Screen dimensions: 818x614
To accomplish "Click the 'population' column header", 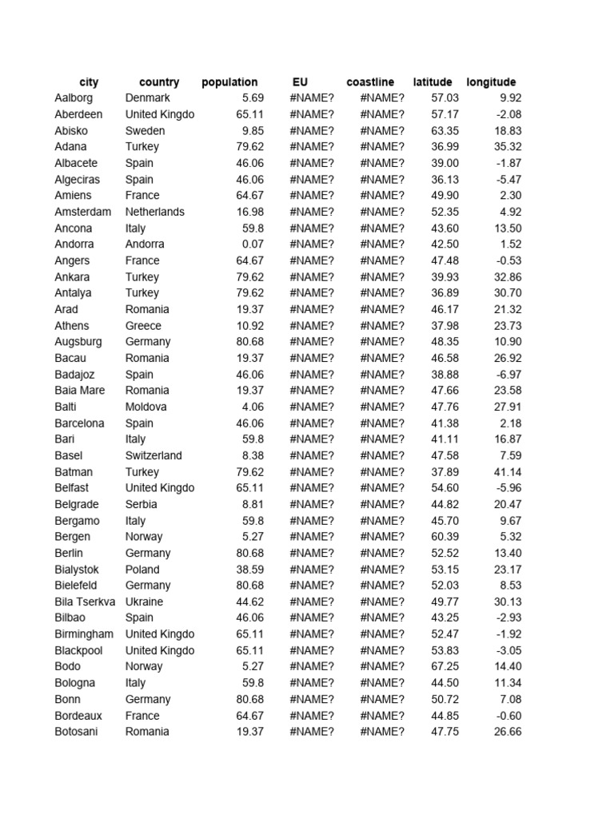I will click(x=229, y=82).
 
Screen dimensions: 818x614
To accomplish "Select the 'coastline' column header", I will click(x=370, y=82).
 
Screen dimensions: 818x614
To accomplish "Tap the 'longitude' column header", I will click(x=491, y=82).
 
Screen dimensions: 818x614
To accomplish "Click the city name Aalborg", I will click(x=74, y=98).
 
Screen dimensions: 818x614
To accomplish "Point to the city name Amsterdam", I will click(x=82, y=212).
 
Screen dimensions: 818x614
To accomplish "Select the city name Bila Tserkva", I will click(x=85, y=602).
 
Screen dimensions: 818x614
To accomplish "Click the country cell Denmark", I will click(x=148, y=98).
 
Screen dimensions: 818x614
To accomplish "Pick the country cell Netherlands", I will click(x=155, y=212).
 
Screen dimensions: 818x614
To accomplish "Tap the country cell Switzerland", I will click(x=153, y=455).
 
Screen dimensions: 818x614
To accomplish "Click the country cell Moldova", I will click(x=146, y=407).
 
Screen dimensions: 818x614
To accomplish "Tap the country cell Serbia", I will click(x=142, y=504).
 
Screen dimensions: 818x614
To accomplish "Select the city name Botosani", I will click(x=77, y=732).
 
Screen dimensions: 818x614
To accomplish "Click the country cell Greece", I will click(x=143, y=326).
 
